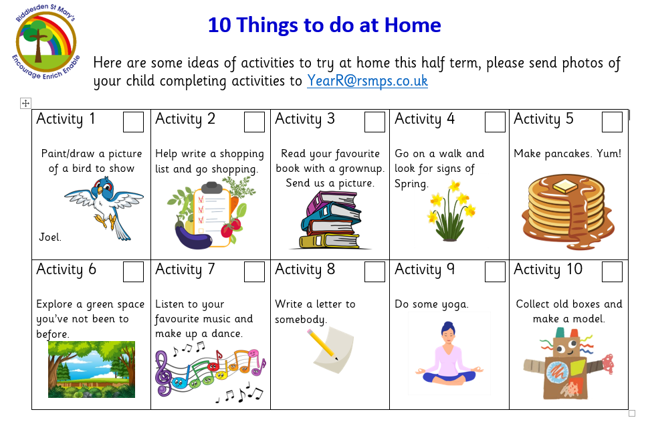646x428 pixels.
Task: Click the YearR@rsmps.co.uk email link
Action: click(368, 81)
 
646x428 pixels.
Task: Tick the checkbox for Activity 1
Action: click(133, 122)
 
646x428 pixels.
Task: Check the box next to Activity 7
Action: click(254, 272)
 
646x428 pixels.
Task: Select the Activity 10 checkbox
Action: click(612, 272)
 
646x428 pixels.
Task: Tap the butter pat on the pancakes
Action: click(565, 186)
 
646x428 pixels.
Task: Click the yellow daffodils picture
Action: click(451, 211)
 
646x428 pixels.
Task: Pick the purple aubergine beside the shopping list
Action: click(193, 237)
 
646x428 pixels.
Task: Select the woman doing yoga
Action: click(449, 354)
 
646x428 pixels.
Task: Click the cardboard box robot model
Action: click(568, 363)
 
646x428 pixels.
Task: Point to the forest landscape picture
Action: click(92, 370)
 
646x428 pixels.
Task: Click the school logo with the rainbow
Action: click(45, 41)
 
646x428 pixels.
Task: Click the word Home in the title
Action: click(413, 25)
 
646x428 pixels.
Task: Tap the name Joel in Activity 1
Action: click(50, 237)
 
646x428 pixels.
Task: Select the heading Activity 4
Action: click(425, 119)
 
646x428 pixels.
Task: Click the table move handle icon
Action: click(25, 103)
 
